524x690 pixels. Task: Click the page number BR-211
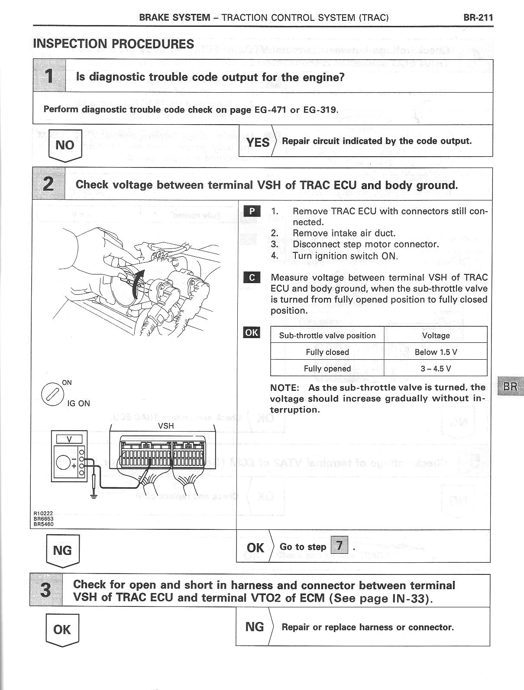pyautogui.click(x=478, y=18)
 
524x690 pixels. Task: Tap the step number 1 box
pyautogui.click(x=49, y=76)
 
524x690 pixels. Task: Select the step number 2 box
pyautogui.click(x=49, y=184)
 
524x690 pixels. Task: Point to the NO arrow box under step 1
pyautogui.click(x=65, y=145)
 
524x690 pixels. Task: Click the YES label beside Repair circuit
pyautogui.click(x=258, y=142)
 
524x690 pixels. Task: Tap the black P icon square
pyautogui.click(x=252, y=211)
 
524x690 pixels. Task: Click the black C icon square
pyautogui.click(x=252, y=277)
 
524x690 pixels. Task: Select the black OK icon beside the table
pyautogui.click(x=252, y=332)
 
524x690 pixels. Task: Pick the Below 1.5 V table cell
pyautogui.click(x=436, y=352)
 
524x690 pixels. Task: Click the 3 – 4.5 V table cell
pyautogui.click(x=436, y=368)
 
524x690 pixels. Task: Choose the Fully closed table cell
pyautogui.click(x=327, y=352)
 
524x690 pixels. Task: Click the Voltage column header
pyautogui.click(x=436, y=335)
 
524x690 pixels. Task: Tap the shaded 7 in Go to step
pyautogui.click(x=339, y=545)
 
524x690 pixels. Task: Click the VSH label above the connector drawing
pyautogui.click(x=166, y=426)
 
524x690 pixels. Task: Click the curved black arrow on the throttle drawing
pyautogui.click(x=138, y=284)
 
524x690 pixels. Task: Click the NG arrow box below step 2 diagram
pyautogui.click(x=62, y=551)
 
